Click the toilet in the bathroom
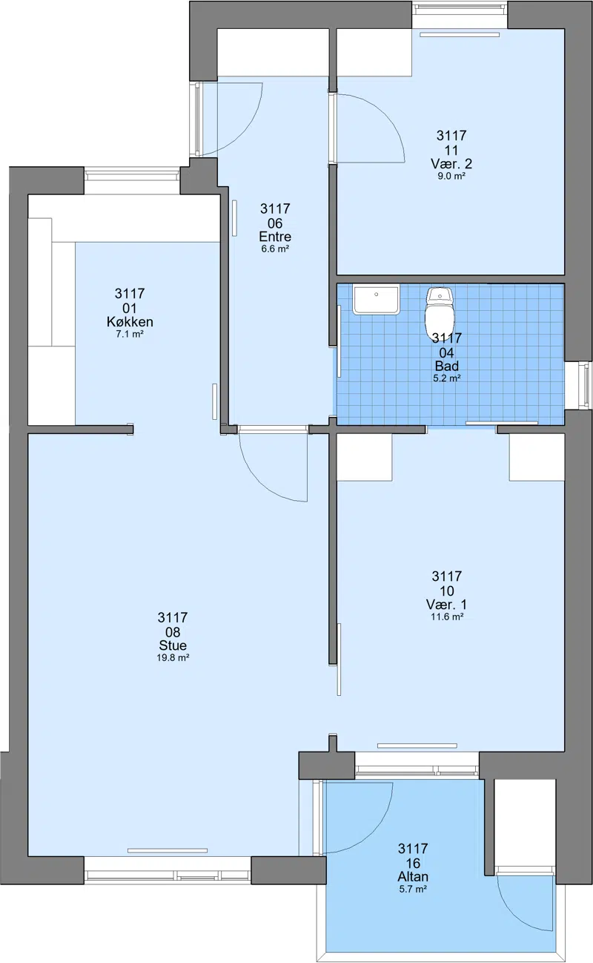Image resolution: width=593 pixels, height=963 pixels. click(x=440, y=312)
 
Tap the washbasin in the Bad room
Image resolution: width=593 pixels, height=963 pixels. click(x=376, y=298)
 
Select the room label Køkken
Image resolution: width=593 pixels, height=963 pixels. click(x=130, y=321)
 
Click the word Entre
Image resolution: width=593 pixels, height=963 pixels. click(x=275, y=237)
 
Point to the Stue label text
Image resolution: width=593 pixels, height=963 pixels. click(x=173, y=645)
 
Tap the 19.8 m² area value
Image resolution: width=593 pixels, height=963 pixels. click(x=173, y=658)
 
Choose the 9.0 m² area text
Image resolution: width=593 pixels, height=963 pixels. click(x=451, y=176)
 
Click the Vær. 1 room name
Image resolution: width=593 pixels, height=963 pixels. click(x=446, y=605)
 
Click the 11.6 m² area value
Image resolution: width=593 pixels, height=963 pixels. click(x=446, y=617)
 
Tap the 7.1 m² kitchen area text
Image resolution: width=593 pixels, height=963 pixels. click(x=130, y=334)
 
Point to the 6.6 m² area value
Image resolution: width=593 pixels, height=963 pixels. click(x=275, y=249)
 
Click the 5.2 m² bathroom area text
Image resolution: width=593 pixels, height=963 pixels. click(x=446, y=378)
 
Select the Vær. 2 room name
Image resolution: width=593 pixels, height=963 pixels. click(x=451, y=163)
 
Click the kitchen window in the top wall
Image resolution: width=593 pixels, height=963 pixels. click(x=131, y=175)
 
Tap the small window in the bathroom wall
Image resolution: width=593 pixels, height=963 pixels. click(x=584, y=385)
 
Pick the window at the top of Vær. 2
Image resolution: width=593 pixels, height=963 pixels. click(x=460, y=7)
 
